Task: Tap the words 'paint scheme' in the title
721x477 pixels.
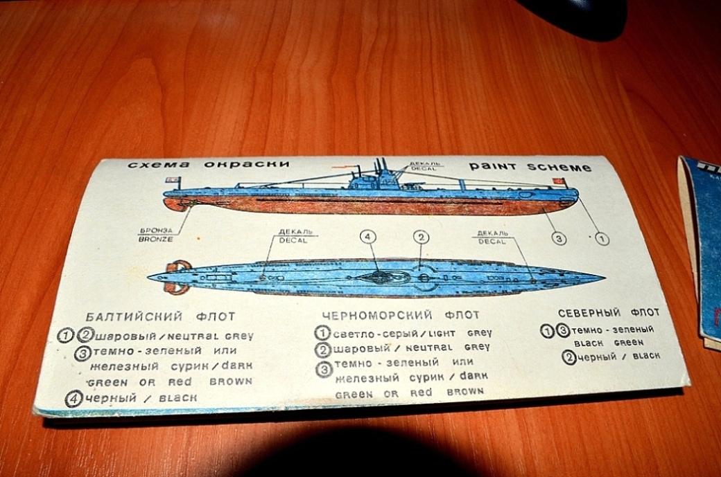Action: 530,167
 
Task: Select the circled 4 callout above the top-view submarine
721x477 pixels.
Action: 368,237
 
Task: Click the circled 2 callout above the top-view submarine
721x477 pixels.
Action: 421,237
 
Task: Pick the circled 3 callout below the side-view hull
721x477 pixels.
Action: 559,238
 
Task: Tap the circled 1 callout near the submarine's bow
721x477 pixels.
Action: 602,239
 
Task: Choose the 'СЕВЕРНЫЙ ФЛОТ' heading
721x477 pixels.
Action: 608,312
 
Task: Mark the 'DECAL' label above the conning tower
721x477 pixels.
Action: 425,166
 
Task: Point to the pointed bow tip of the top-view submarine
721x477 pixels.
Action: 602,278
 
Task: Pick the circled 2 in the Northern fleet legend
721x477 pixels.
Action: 569,357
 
